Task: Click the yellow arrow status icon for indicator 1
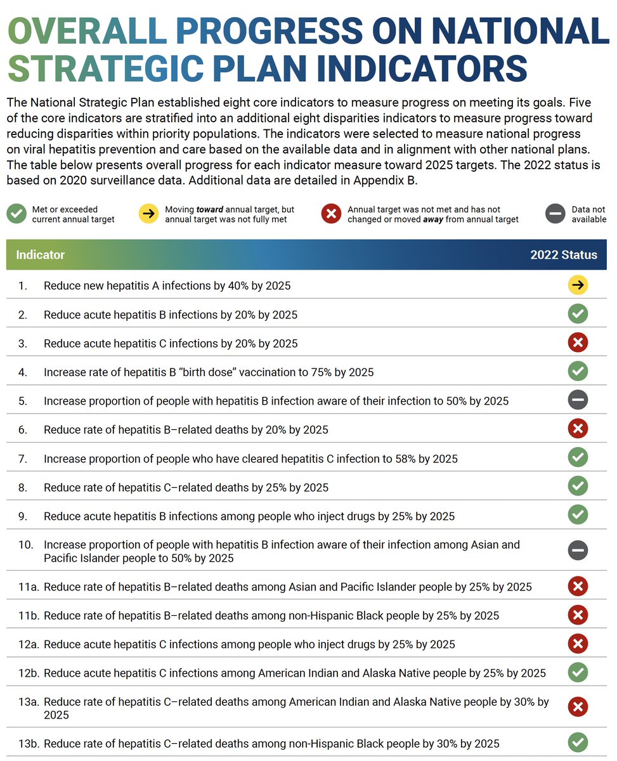(578, 285)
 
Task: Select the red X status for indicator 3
(578, 343)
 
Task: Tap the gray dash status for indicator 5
(578, 400)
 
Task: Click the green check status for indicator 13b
(578, 743)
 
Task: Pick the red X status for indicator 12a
(578, 644)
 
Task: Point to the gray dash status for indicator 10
(578, 550)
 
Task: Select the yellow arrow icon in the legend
(149, 214)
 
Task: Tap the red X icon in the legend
(331, 214)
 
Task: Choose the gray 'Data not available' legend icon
(555, 214)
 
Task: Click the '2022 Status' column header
(563, 255)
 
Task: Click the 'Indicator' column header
(41, 255)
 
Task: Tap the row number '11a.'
(29, 587)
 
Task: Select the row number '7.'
(23, 459)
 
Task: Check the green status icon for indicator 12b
(578, 672)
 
